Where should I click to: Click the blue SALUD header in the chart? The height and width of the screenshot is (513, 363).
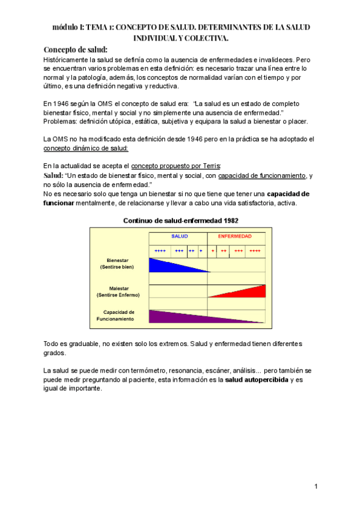178,236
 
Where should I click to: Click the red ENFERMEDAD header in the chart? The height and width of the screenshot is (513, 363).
235,236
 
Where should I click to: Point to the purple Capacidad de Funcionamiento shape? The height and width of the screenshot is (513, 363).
181,316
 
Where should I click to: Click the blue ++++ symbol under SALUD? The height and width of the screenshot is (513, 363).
160,250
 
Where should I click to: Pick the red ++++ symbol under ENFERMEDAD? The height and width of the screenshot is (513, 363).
255,250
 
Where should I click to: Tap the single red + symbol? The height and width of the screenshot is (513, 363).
212,250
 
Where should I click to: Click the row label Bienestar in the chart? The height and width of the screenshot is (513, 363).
119,260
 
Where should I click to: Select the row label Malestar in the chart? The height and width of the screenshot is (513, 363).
119,288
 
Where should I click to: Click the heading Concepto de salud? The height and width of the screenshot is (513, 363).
76,50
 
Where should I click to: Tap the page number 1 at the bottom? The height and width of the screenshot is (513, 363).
316,486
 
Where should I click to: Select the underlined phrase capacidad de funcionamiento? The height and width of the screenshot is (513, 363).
261,176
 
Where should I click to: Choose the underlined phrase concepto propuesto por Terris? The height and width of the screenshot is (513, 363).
176,166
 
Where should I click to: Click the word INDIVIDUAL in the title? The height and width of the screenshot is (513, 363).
159,38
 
